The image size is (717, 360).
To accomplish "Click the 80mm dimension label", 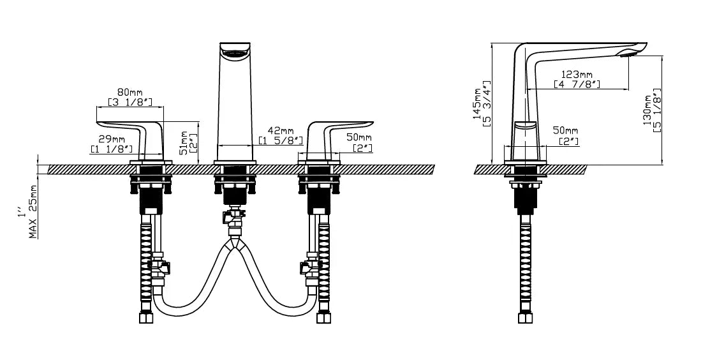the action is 130,93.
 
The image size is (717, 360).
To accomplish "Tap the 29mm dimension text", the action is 112,139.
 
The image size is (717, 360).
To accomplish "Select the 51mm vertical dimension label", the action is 184,143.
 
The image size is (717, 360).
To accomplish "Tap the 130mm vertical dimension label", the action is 647,110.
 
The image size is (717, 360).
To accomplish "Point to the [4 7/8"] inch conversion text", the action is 577,84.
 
